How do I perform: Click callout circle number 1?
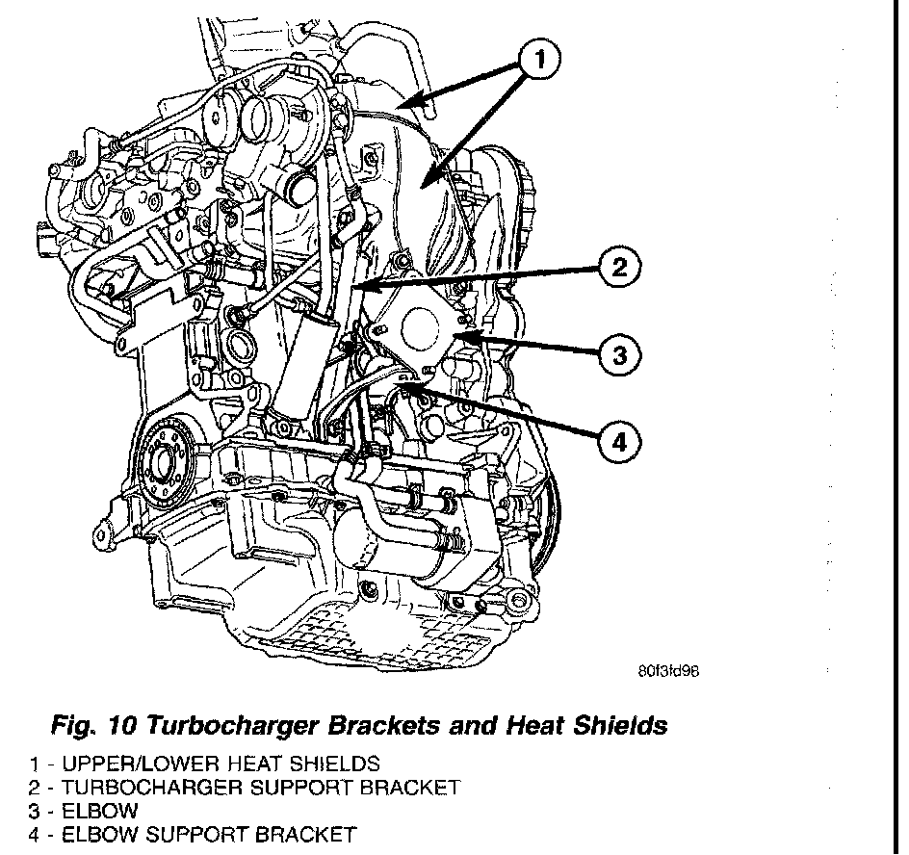(539, 60)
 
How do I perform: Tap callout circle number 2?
(620, 267)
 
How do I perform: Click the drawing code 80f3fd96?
(667, 672)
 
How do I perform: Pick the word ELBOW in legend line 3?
(99, 811)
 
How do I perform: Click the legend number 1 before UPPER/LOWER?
(34, 764)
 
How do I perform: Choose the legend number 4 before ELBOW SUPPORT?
(34, 834)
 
